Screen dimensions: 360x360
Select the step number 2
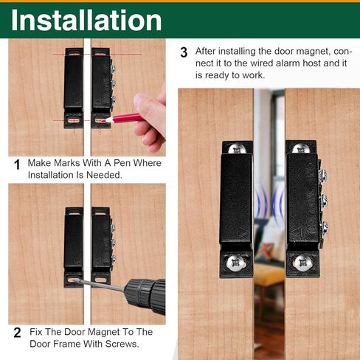point(17,332)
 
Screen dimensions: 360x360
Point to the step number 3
point(184,52)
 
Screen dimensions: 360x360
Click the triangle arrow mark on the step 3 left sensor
point(246,229)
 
